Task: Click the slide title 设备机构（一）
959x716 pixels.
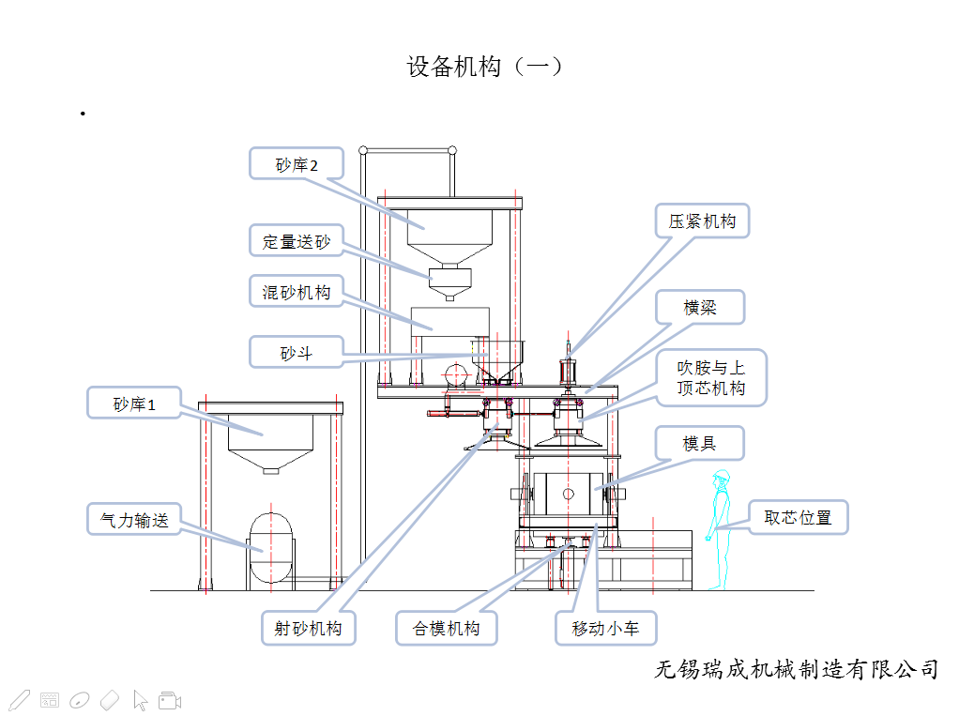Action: click(484, 67)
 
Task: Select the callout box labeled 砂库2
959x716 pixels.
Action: click(297, 164)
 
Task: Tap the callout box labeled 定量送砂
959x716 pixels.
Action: click(297, 241)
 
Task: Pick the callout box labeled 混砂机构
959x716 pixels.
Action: click(297, 292)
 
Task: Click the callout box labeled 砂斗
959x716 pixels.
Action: click(297, 353)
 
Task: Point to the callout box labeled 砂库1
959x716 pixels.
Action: click(133, 404)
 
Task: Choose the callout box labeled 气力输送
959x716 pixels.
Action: click(133, 520)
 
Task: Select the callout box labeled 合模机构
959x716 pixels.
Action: click(447, 628)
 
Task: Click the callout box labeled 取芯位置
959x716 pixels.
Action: click(799, 517)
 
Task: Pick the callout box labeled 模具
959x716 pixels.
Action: click(700, 443)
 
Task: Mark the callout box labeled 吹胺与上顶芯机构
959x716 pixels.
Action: click(710, 378)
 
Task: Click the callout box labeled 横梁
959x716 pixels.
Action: click(700, 307)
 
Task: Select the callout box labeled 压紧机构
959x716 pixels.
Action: click(702, 221)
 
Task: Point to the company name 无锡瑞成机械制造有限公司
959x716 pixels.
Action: click(796, 669)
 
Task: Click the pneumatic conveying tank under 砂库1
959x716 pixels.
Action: click(271, 549)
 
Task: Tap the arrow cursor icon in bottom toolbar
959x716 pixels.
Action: click(141, 700)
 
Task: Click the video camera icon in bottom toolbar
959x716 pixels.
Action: click(170, 700)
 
